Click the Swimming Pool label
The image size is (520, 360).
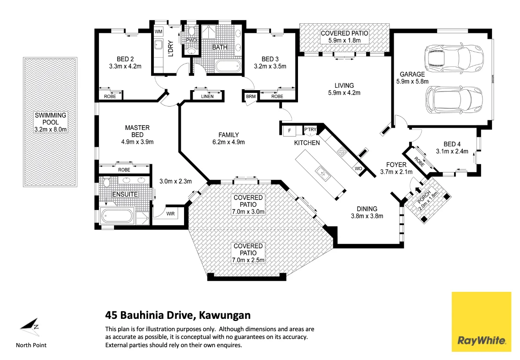coord(50,122)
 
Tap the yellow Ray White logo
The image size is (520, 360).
coord(481,322)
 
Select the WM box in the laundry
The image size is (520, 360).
coord(158,32)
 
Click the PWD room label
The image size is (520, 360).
coord(191,40)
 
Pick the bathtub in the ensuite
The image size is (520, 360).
coord(117,215)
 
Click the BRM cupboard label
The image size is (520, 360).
coord(250,97)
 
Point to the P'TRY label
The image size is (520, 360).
coord(310,130)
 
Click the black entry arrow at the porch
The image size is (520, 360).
coord(417,187)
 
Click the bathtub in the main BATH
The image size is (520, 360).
coord(228,66)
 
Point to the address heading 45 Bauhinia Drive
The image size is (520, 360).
coord(178,315)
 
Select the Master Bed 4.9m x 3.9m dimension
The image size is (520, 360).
coord(137,142)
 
